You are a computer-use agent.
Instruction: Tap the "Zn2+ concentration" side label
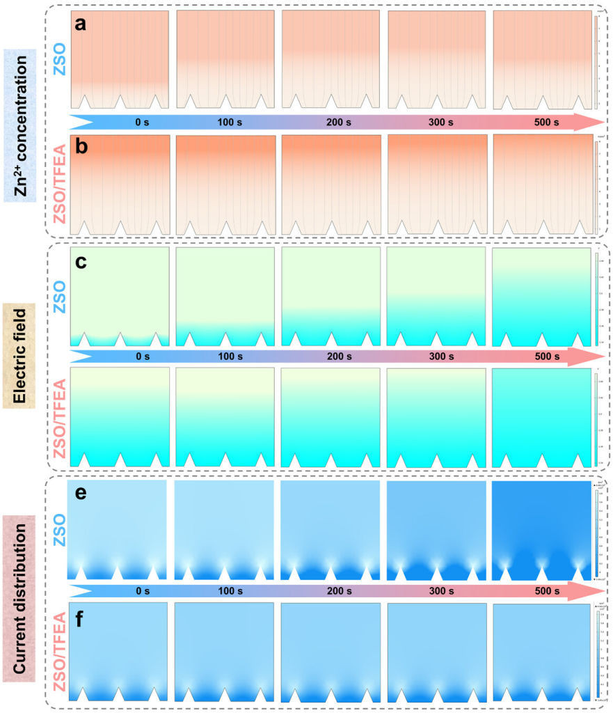tap(22, 125)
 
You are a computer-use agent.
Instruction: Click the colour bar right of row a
tap(596, 60)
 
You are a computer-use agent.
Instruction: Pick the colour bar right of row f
tap(596, 650)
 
